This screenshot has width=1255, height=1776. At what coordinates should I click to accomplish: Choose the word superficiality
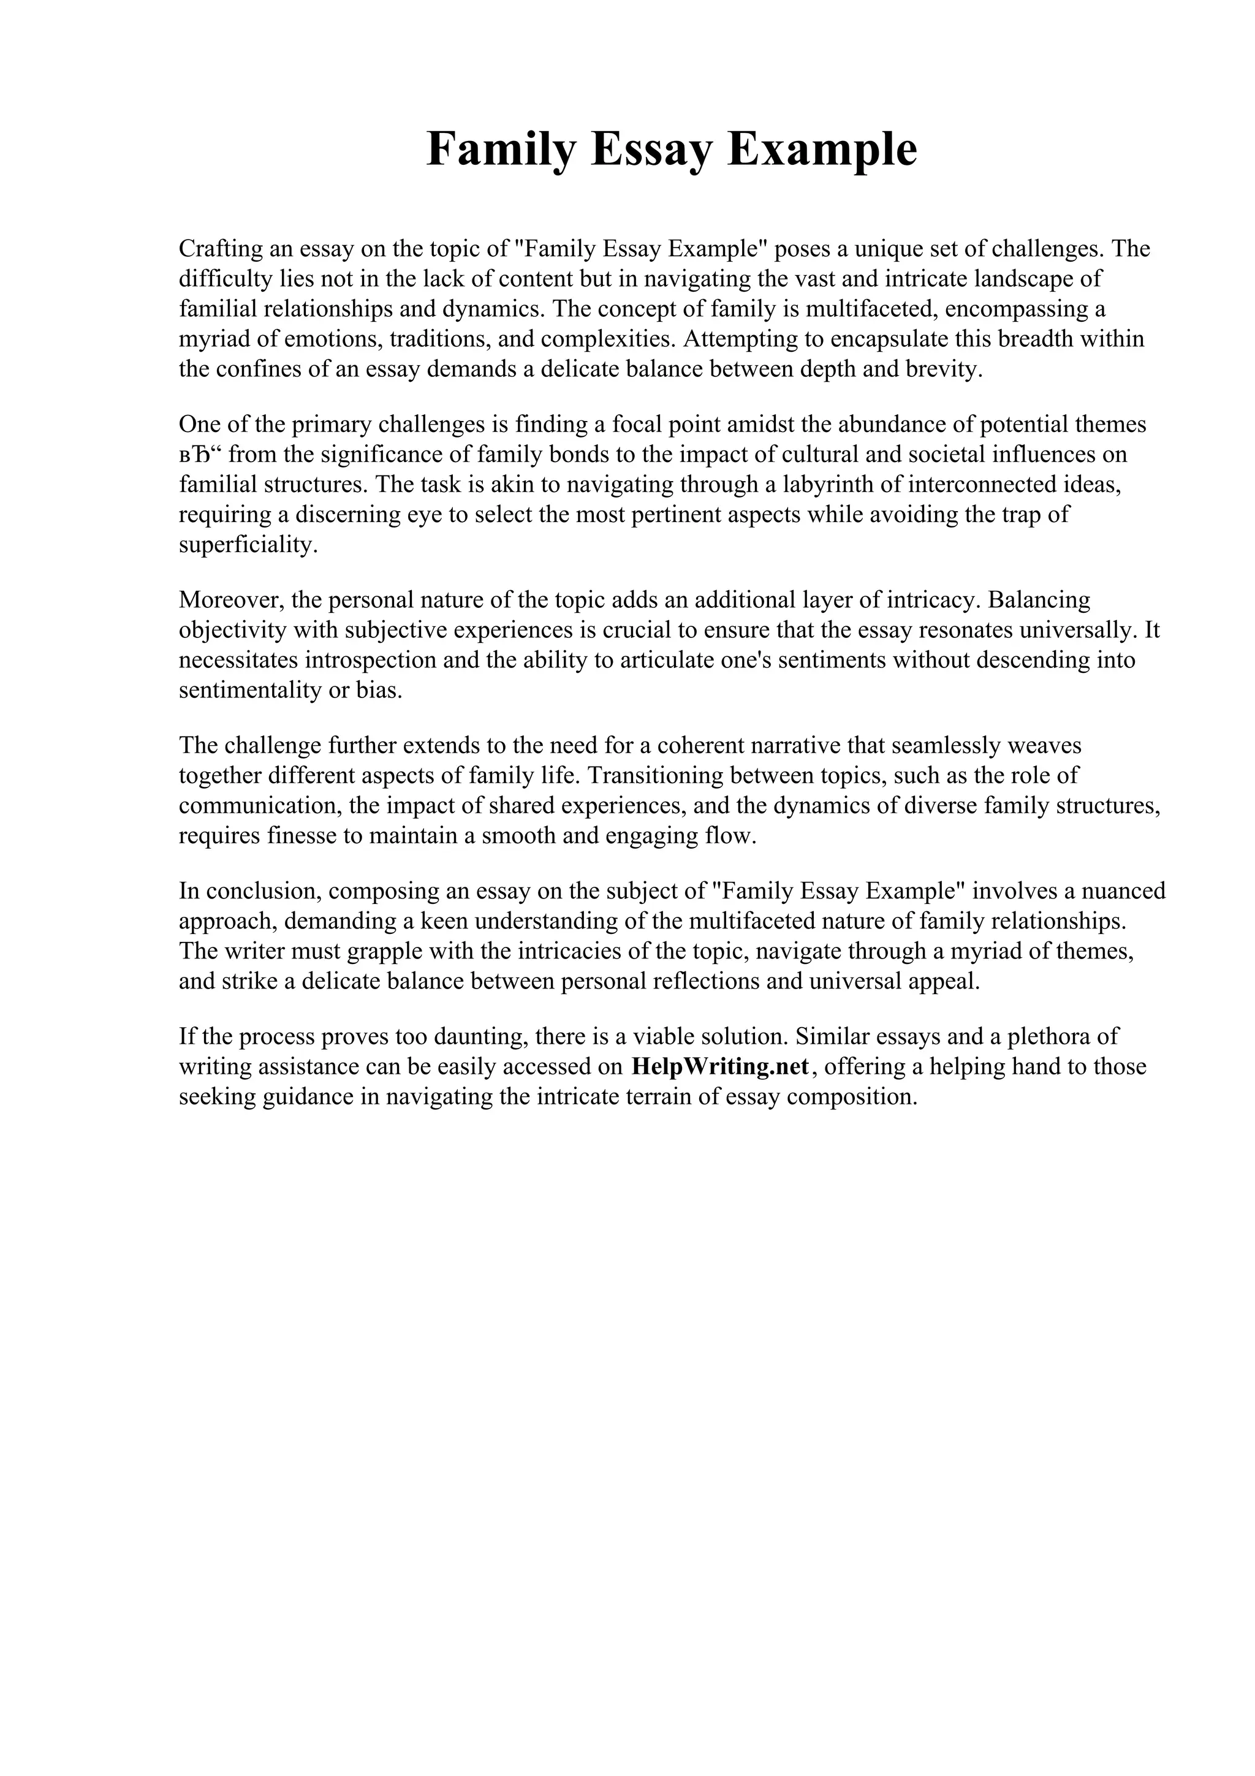coord(248,545)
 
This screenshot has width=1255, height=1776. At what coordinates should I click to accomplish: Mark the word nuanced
coord(1123,891)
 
